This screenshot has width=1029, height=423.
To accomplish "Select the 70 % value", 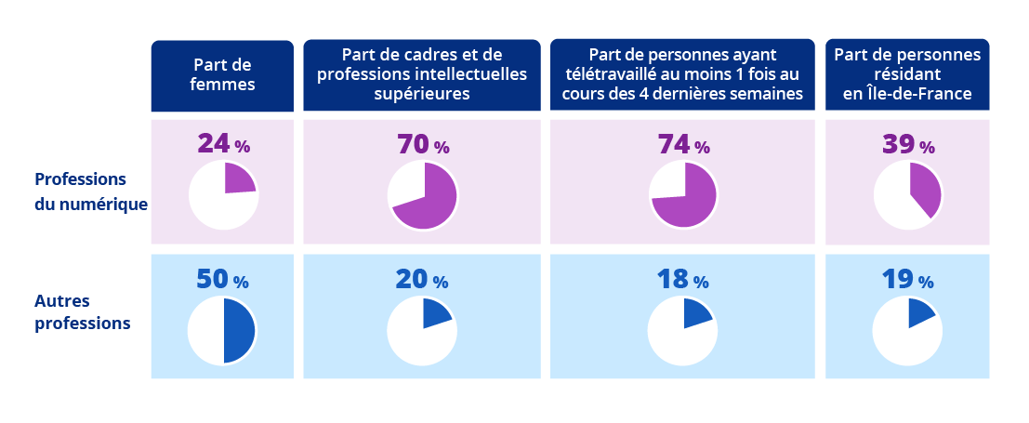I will pyautogui.click(x=422, y=145).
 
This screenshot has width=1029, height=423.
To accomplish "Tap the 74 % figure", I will pyautogui.click(x=682, y=145).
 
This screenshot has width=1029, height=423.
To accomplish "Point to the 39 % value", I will pyautogui.click(x=907, y=145).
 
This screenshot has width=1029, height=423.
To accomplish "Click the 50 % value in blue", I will pyautogui.click(x=222, y=280).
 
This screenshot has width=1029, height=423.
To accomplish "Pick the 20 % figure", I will pyautogui.click(x=421, y=280).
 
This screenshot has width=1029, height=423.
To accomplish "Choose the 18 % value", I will pyautogui.click(x=681, y=280).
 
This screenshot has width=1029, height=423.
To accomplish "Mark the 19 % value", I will pyautogui.click(x=906, y=280).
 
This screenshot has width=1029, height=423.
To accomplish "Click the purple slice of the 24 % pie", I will pyautogui.click(x=239, y=179).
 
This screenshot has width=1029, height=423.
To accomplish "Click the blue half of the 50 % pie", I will pyautogui.click(x=239, y=330).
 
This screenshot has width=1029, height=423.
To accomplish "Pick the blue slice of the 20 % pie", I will pyautogui.click(x=435, y=314).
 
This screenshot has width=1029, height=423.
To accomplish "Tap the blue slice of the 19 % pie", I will pyautogui.click(x=919, y=313).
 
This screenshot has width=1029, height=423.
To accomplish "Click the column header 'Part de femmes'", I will pyautogui.click(x=222, y=74).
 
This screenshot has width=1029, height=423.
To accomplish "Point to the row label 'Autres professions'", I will pyautogui.click(x=82, y=312).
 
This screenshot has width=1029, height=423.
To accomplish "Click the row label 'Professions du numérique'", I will pyautogui.click(x=91, y=192).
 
